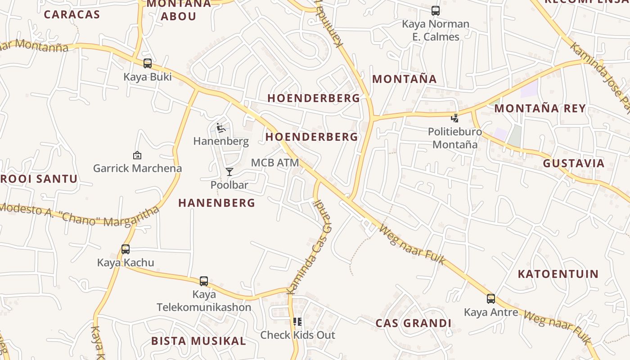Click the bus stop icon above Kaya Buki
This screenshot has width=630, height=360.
point(148,63)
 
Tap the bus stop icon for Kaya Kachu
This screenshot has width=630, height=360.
point(126,249)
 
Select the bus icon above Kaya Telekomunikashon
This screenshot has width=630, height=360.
point(204,281)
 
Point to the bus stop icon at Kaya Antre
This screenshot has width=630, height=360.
point(491,298)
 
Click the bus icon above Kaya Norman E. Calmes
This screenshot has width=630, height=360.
point(435,10)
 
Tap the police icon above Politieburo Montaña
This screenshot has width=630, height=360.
point(455,118)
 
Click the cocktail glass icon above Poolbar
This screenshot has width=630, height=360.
point(229,171)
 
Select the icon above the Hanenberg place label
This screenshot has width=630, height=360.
point(221,128)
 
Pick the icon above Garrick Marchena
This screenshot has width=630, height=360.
point(137,155)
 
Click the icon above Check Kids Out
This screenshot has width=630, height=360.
point(297,322)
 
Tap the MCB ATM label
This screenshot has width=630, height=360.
point(275,162)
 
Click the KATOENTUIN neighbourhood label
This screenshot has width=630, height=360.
point(558,274)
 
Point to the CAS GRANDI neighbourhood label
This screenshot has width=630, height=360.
point(413,323)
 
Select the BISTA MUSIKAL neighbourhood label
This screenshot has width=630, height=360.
point(198,341)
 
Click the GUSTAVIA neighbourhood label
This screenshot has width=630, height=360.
point(573,163)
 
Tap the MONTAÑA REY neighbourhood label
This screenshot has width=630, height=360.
point(540,108)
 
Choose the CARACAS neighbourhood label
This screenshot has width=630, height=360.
point(72,14)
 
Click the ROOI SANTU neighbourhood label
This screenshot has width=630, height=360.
point(40,179)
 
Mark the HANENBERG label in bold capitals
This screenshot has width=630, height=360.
point(216,203)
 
